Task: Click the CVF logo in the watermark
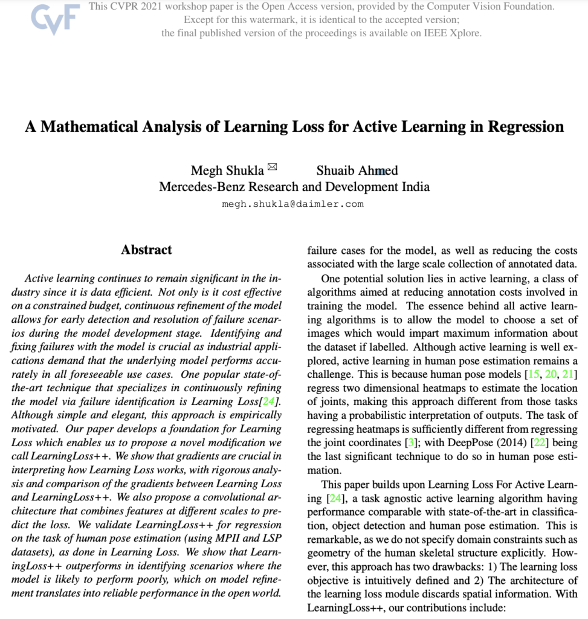[x=55, y=20]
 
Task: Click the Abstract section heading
[x=146, y=250]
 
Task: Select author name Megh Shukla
[x=227, y=170]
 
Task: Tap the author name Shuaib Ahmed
[x=357, y=170]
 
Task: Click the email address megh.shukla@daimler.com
[x=293, y=204]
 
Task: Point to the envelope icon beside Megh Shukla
[x=272, y=167]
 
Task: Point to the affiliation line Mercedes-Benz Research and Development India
[x=294, y=187]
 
